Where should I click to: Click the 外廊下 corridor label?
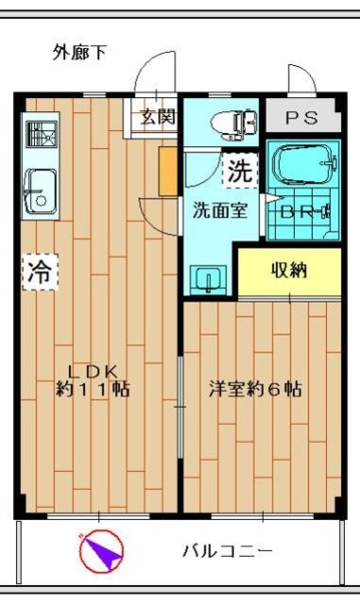pyautogui.click(x=79, y=53)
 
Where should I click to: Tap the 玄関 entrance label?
pyautogui.click(x=157, y=116)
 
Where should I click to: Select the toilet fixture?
pyautogui.click(x=234, y=123)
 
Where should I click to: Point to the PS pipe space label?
pyautogui.click(x=302, y=118)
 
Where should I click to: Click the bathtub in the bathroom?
pyautogui.click(x=304, y=163)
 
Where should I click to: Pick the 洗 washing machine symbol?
pyautogui.click(x=240, y=171)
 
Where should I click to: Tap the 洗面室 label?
pyautogui.click(x=220, y=210)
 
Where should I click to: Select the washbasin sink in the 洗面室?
pyautogui.click(x=208, y=279)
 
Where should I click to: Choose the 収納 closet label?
pyautogui.click(x=289, y=270)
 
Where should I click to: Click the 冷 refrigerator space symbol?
pyautogui.click(x=40, y=272)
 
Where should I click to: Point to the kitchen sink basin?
pyautogui.click(x=41, y=191)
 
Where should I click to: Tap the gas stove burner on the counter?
pyautogui.click(x=41, y=134)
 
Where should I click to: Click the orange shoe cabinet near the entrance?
pyautogui.click(x=168, y=171)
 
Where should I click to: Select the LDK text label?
pyautogui.click(x=92, y=371)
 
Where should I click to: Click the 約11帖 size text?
pyautogui.click(x=92, y=389)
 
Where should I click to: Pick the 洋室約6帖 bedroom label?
pyautogui.click(x=255, y=389)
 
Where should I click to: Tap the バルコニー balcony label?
pyautogui.click(x=227, y=551)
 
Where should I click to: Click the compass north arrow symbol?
pyautogui.click(x=102, y=551)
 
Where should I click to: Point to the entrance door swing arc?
pyautogui.click(x=143, y=69)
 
